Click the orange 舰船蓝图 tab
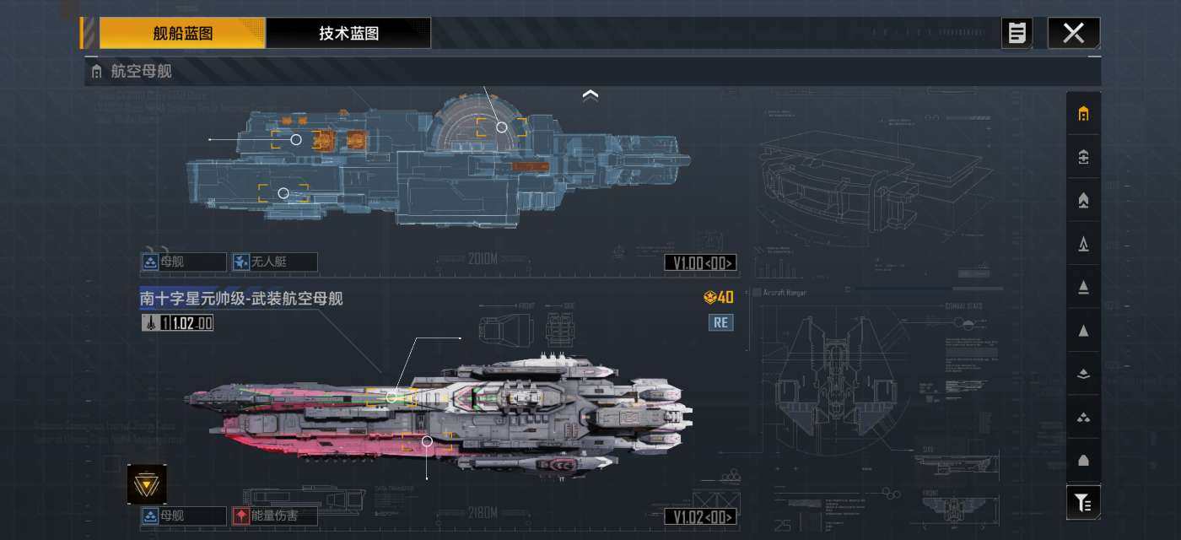[x=182, y=34]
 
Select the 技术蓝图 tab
[x=348, y=34]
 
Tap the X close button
[x=1073, y=34]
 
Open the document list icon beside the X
[x=1017, y=34]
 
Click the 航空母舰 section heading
[x=141, y=72]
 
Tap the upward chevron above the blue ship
[x=590, y=96]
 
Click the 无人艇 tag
[x=274, y=262]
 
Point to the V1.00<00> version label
[x=700, y=263]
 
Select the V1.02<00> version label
[x=700, y=516]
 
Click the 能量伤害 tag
[x=274, y=516]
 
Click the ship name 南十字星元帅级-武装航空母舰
[x=241, y=299]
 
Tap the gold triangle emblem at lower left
[x=147, y=484]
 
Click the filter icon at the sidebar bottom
[x=1083, y=503]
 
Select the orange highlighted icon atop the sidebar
[x=1083, y=114]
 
